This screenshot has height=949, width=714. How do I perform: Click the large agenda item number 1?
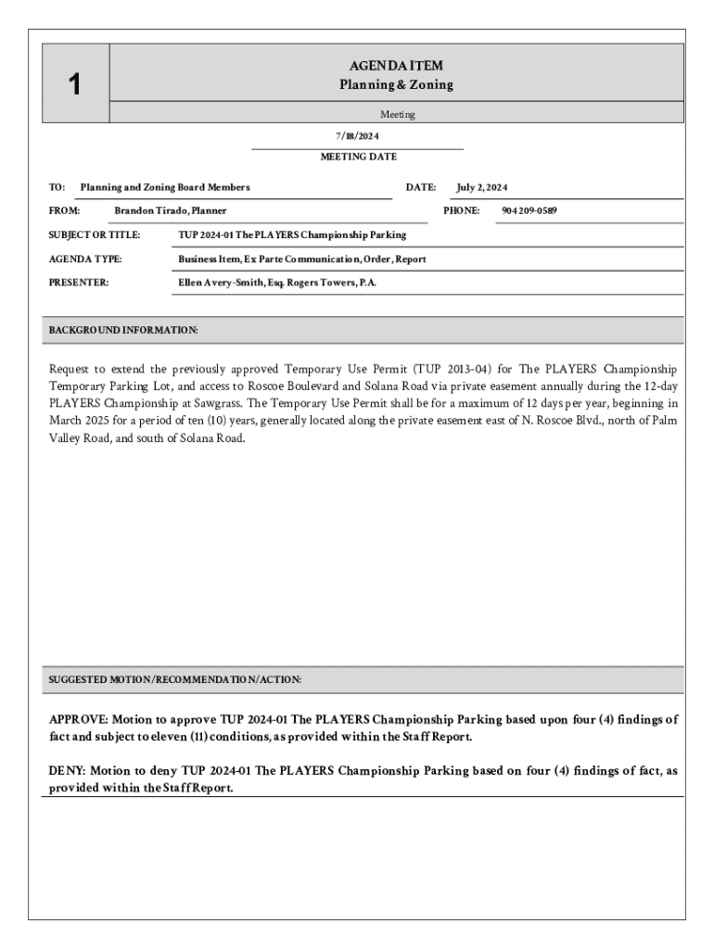click(x=74, y=85)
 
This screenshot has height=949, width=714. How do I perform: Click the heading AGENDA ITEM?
click(x=396, y=66)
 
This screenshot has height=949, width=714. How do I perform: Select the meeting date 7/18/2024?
click(x=357, y=136)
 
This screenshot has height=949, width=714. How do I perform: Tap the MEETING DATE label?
click(x=358, y=157)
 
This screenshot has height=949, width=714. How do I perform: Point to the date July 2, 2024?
click(x=481, y=187)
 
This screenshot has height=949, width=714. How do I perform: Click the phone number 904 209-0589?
click(x=529, y=210)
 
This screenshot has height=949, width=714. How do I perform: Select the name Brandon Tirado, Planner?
click(x=170, y=210)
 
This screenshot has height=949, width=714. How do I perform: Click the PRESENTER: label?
click(x=78, y=282)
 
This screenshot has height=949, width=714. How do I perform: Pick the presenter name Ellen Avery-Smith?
click(x=233, y=282)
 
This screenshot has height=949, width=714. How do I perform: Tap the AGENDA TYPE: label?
click(x=85, y=259)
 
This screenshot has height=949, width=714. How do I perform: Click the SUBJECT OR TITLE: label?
click(x=95, y=234)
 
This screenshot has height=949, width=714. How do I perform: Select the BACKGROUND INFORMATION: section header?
click(x=122, y=330)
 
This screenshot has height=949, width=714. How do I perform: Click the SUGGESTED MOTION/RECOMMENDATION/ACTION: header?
click(x=174, y=679)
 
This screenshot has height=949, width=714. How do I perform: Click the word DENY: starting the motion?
click(x=67, y=771)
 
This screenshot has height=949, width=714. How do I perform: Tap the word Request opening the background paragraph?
click(x=70, y=369)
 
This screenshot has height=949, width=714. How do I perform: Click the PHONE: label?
click(x=461, y=210)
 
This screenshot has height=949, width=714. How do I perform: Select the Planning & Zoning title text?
click(x=396, y=85)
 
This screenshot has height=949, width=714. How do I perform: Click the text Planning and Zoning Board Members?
click(x=165, y=187)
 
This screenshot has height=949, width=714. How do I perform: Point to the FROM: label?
click(x=64, y=210)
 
